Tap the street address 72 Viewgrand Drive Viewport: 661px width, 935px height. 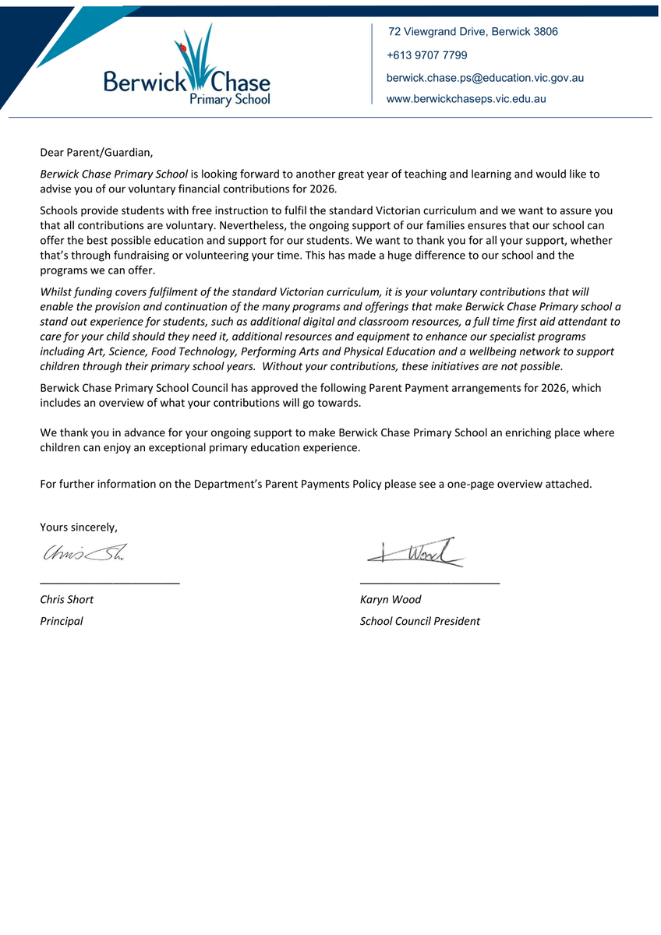[472, 32]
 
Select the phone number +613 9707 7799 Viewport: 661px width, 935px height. [427, 55]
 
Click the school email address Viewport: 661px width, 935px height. [485, 78]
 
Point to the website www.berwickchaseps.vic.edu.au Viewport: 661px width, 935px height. [466, 99]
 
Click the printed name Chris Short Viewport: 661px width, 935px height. [67, 599]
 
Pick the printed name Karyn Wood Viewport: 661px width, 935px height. [391, 599]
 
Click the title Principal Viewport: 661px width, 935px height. [62, 621]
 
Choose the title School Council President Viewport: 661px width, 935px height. [420, 621]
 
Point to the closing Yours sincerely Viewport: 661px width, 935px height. [79, 527]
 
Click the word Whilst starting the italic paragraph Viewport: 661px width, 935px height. [55, 292]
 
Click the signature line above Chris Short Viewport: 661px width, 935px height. [110, 582]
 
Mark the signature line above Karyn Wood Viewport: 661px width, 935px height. [429, 582]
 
